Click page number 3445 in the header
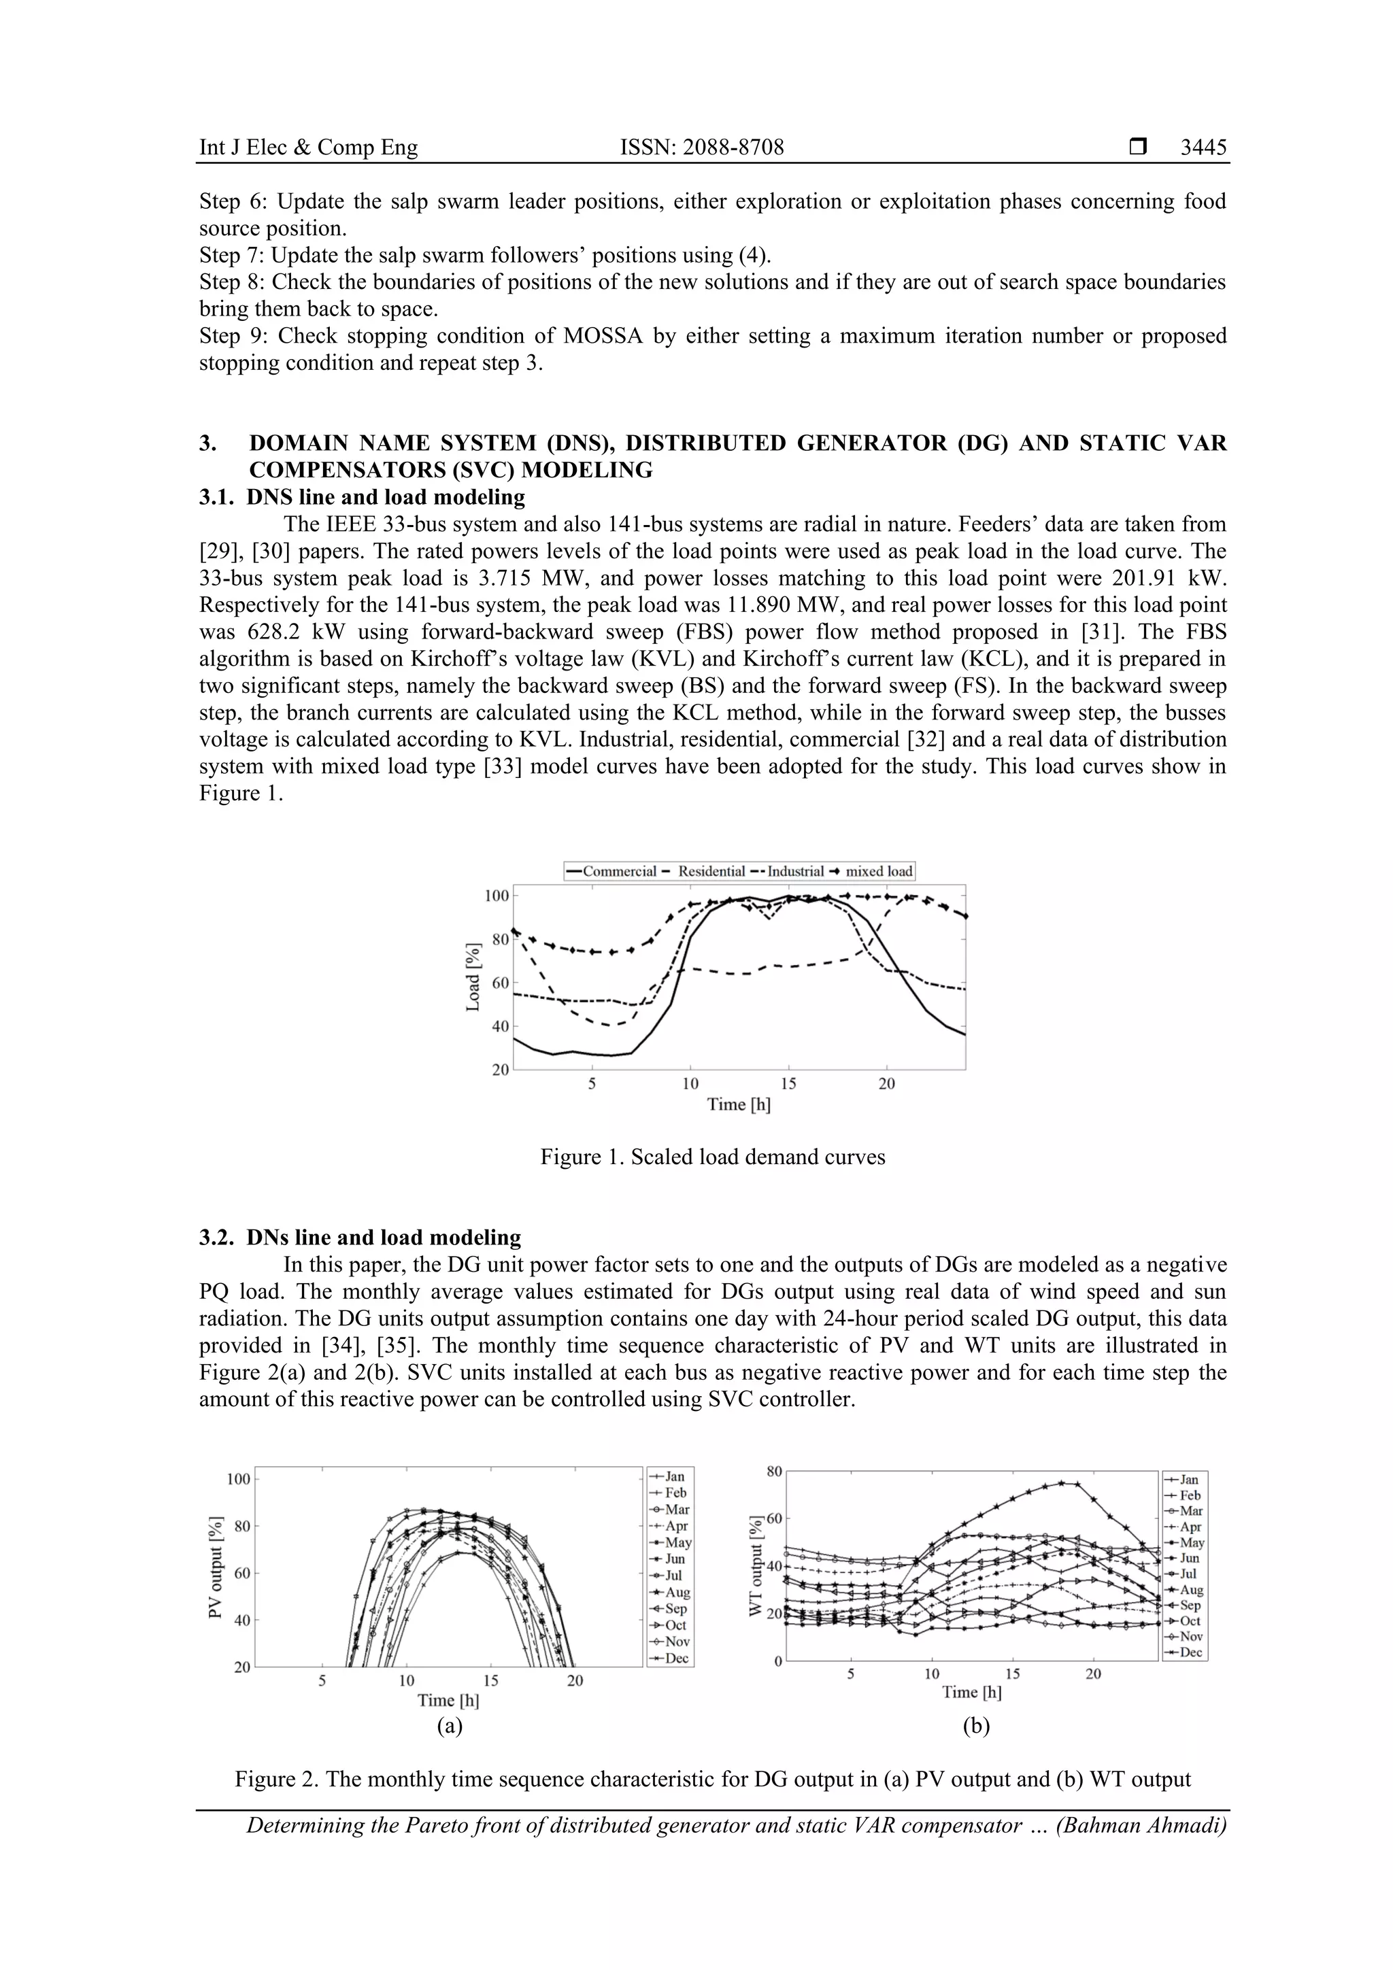click(1203, 148)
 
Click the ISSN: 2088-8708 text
click(701, 148)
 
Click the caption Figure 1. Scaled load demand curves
click(712, 1157)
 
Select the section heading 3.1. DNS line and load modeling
click(363, 497)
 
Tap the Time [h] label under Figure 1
click(738, 1104)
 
